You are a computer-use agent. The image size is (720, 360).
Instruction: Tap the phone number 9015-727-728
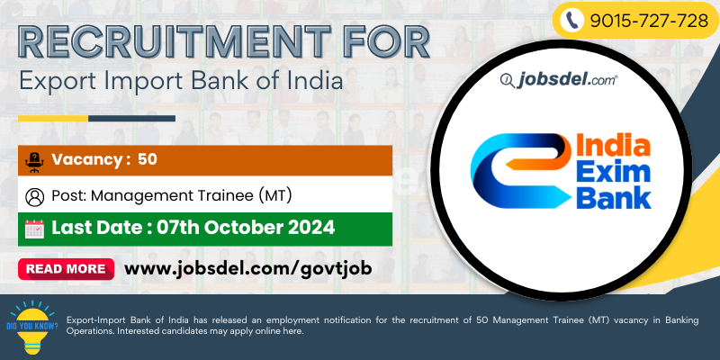click(649, 21)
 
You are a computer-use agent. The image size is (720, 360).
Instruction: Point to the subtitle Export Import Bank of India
click(181, 81)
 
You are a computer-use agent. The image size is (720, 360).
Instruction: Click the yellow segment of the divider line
click(53, 119)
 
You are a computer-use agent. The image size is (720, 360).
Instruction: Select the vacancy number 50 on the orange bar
click(148, 159)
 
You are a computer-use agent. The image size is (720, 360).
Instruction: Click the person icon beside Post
click(35, 197)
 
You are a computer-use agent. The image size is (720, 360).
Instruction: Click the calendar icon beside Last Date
click(34, 229)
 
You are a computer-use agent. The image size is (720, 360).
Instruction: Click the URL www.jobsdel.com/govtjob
click(248, 268)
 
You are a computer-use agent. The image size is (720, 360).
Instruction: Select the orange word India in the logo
click(613, 147)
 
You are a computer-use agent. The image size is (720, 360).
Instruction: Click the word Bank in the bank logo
click(614, 197)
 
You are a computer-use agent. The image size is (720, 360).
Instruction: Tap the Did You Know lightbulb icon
click(32, 327)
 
